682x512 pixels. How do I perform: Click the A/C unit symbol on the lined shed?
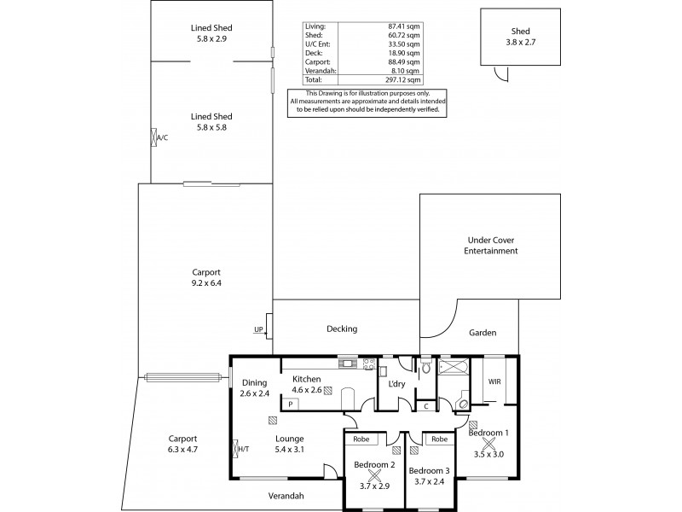pos(153,137)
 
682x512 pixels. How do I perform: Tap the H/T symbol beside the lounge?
pos(236,447)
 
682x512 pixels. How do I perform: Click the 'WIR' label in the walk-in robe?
pos(494,381)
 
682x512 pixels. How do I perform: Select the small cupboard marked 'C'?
pos(426,406)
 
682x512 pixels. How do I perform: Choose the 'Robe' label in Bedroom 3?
pos(439,439)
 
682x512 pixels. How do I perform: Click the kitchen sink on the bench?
pos(348,364)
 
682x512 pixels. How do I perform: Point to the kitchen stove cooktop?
pos(368,364)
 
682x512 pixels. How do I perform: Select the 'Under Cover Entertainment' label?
pos(492,246)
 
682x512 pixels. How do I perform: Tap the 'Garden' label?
pos(482,333)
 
